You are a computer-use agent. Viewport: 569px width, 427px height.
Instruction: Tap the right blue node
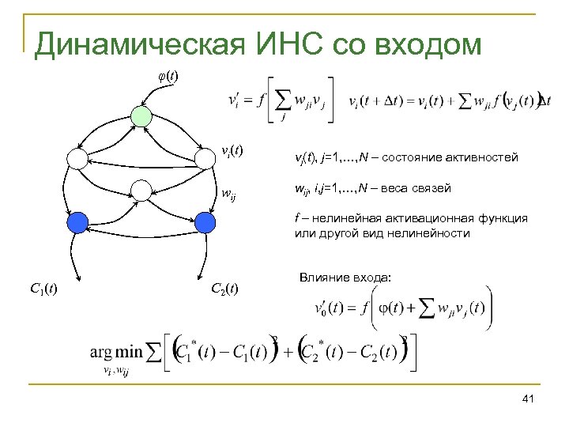(x=204, y=221)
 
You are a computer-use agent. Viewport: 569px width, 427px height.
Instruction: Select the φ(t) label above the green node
(x=167, y=77)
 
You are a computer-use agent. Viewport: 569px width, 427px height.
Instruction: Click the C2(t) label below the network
(x=225, y=286)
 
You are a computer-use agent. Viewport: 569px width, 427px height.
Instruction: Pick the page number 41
(x=529, y=404)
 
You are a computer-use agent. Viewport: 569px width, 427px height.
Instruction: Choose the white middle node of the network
(x=141, y=190)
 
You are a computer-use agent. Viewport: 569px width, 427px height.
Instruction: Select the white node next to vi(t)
(x=205, y=158)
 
